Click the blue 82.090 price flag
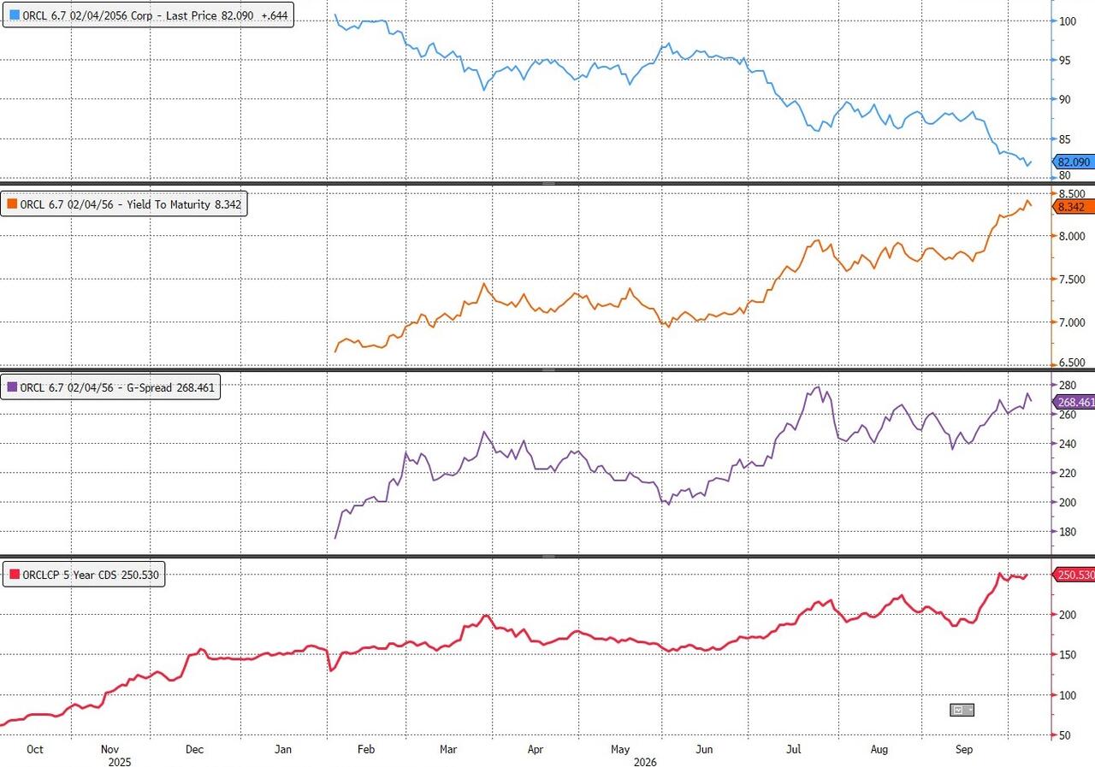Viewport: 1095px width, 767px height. (x=1074, y=162)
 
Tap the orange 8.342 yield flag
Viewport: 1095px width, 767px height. (x=1074, y=207)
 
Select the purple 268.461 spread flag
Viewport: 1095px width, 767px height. (x=1074, y=402)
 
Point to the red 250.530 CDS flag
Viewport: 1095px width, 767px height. (x=1074, y=575)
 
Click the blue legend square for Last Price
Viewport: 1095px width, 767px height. (x=15, y=15)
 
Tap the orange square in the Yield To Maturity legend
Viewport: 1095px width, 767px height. (x=12, y=204)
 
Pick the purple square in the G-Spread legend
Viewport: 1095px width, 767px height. (x=12, y=386)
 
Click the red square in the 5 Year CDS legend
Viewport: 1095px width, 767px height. (x=15, y=574)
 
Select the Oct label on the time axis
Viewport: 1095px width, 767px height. (x=35, y=749)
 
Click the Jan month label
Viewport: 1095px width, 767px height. (x=283, y=749)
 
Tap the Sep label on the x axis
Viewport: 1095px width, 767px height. (x=964, y=749)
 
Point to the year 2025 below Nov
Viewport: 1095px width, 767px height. (x=119, y=762)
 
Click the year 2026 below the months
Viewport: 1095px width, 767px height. (x=645, y=762)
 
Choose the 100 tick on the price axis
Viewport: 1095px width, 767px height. (x=1068, y=21)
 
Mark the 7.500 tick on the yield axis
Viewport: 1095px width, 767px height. (x=1072, y=280)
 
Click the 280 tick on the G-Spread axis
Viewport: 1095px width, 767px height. (x=1068, y=385)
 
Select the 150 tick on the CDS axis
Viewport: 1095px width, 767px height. (x=1068, y=655)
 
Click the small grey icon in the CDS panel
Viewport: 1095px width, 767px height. (x=962, y=710)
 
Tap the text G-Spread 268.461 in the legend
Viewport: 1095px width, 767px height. (x=170, y=387)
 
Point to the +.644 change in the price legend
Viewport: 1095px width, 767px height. (x=275, y=15)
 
